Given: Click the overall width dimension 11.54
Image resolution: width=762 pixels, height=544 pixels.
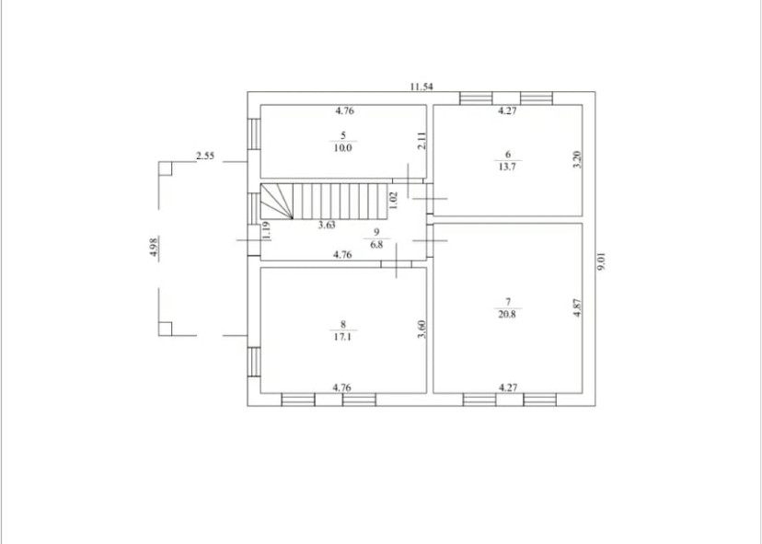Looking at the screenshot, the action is coord(421,87).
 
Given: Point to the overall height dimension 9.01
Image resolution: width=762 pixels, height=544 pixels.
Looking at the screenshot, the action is coord(602,261).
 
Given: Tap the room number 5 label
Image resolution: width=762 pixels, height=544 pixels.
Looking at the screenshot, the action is coord(343,135).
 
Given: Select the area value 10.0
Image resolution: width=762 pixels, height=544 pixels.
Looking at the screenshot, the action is coord(342,148).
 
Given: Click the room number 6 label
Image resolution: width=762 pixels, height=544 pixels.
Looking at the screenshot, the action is coord(508,155).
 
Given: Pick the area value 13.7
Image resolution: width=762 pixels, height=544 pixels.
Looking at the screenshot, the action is coord(507,167).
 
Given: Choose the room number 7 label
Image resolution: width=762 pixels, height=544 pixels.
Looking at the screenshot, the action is coord(508,302).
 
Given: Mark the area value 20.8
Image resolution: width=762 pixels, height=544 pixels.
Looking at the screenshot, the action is coord(507,314).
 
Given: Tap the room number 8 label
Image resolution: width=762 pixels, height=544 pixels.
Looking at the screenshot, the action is coord(343,324).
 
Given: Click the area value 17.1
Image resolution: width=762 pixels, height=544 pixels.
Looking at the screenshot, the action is coord(342,336).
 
